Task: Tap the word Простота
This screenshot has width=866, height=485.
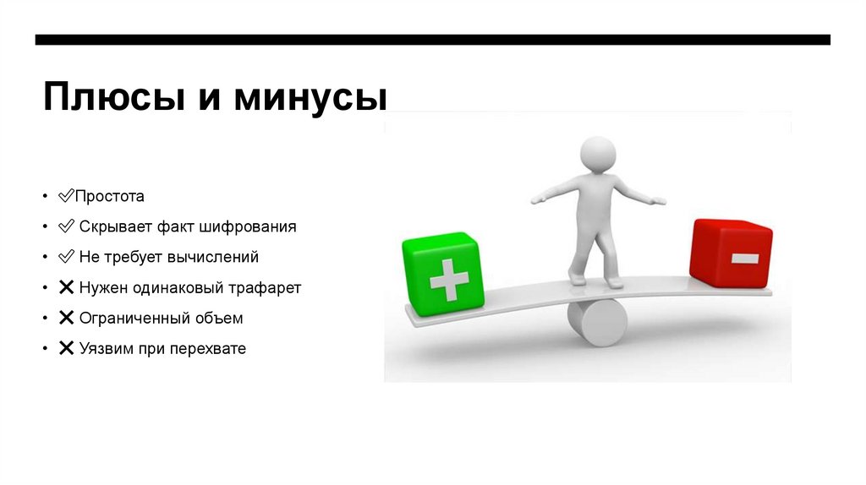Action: (x=110, y=196)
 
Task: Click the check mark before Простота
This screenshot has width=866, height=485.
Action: (x=66, y=196)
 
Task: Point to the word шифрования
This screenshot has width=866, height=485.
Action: (x=255, y=226)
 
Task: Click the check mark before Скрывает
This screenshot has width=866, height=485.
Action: (x=66, y=226)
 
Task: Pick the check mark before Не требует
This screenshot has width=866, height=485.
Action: (x=66, y=257)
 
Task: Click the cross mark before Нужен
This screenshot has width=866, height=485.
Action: (x=66, y=287)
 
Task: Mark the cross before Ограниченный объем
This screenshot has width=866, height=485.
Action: (x=66, y=318)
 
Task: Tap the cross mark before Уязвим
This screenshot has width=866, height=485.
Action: (x=66, y=348)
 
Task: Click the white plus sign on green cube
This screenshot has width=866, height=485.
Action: (x=449, y=279)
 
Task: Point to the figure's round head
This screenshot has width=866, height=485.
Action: (x=597, y=156)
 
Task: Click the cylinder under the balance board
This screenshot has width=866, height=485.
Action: (x=597, y=322)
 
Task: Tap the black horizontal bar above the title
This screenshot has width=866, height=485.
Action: (x=432, y=40)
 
